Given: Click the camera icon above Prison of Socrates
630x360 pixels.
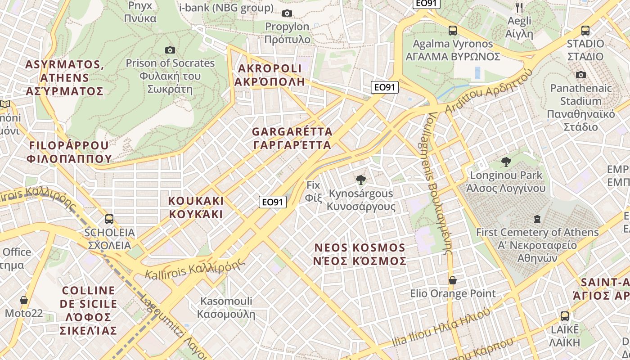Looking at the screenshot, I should click(170, 50).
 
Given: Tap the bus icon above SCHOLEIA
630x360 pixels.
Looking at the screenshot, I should click(109, 219).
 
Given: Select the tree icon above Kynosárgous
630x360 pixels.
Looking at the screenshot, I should click(360, 180).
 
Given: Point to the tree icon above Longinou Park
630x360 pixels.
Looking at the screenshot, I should click(506, 162).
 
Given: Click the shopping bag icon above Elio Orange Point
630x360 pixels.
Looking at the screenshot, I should click(453, 280).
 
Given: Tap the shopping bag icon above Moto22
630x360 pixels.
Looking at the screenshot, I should click(23, 300).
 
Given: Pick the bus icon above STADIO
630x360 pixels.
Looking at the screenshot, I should click(585, 31).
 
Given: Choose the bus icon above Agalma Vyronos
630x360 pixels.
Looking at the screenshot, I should click(453, 31).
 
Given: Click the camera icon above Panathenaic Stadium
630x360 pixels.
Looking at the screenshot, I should click(581, 75).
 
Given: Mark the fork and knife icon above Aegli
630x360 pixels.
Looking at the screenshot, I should click(519, 7).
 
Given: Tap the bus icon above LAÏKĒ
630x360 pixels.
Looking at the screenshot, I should click(565, 316).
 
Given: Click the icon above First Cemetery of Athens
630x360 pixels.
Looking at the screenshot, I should click(537, 219).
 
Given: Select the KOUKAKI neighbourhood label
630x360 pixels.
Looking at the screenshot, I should click(196, 207).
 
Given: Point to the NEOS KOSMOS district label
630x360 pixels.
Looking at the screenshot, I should click(360, 254).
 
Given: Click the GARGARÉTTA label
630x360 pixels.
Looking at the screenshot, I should click(292, 138).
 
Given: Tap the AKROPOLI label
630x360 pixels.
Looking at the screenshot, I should click(269, 75).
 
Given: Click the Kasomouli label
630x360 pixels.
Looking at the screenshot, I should click(226, 307).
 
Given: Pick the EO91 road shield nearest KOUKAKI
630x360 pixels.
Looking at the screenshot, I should click(273, 202).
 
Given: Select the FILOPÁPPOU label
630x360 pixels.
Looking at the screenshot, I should click(69, 152).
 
